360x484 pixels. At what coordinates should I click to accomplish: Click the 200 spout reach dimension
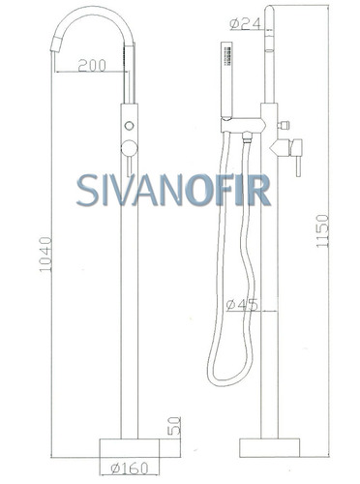point(92,66)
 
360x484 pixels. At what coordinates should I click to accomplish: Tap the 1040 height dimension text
point(45,255)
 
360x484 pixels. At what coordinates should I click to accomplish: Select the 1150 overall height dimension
point(322,231)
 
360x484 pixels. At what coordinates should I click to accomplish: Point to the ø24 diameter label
point(245,23)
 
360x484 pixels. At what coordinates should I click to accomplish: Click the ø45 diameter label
point(242,305)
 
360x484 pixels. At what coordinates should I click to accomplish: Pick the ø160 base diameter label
point(130,468)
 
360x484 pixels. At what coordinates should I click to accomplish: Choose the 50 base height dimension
point(174,425)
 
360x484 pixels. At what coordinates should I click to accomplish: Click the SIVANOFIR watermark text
point(173,191)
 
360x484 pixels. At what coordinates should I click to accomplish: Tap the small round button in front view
point(130,126)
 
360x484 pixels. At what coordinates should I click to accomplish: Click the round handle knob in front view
point(130,148)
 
